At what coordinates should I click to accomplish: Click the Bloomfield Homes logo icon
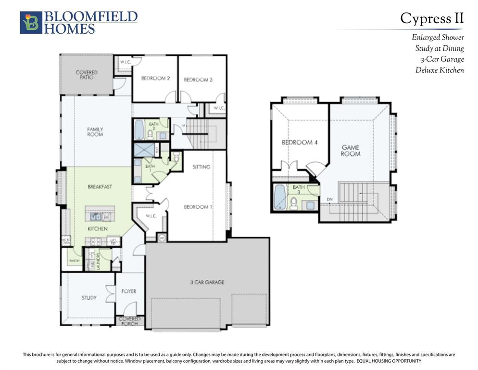[31, 22]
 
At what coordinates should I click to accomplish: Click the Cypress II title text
[432, 18]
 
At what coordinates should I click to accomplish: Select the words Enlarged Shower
[438, 37]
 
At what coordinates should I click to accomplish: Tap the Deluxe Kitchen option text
[440, 70]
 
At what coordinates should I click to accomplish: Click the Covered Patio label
[87, 75]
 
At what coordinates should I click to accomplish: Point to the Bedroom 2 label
[155, 78]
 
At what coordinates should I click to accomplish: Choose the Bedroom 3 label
[198, 79]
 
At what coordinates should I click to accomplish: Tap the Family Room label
[95, 132]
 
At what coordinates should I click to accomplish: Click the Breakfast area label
[100, 186]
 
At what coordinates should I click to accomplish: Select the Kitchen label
[97, 228]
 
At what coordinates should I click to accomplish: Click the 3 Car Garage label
[207, 282]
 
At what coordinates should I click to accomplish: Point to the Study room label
[89, 298]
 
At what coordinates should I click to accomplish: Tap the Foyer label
[128, 291]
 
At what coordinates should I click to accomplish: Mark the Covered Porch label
[129, 321]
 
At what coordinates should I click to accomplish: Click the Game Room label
[351, 150]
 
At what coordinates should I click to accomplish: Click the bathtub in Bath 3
[279, 198]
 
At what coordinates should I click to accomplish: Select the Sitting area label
[201, 167]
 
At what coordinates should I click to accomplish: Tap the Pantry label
[75, 261]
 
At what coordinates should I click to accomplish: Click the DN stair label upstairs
[329, 199]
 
